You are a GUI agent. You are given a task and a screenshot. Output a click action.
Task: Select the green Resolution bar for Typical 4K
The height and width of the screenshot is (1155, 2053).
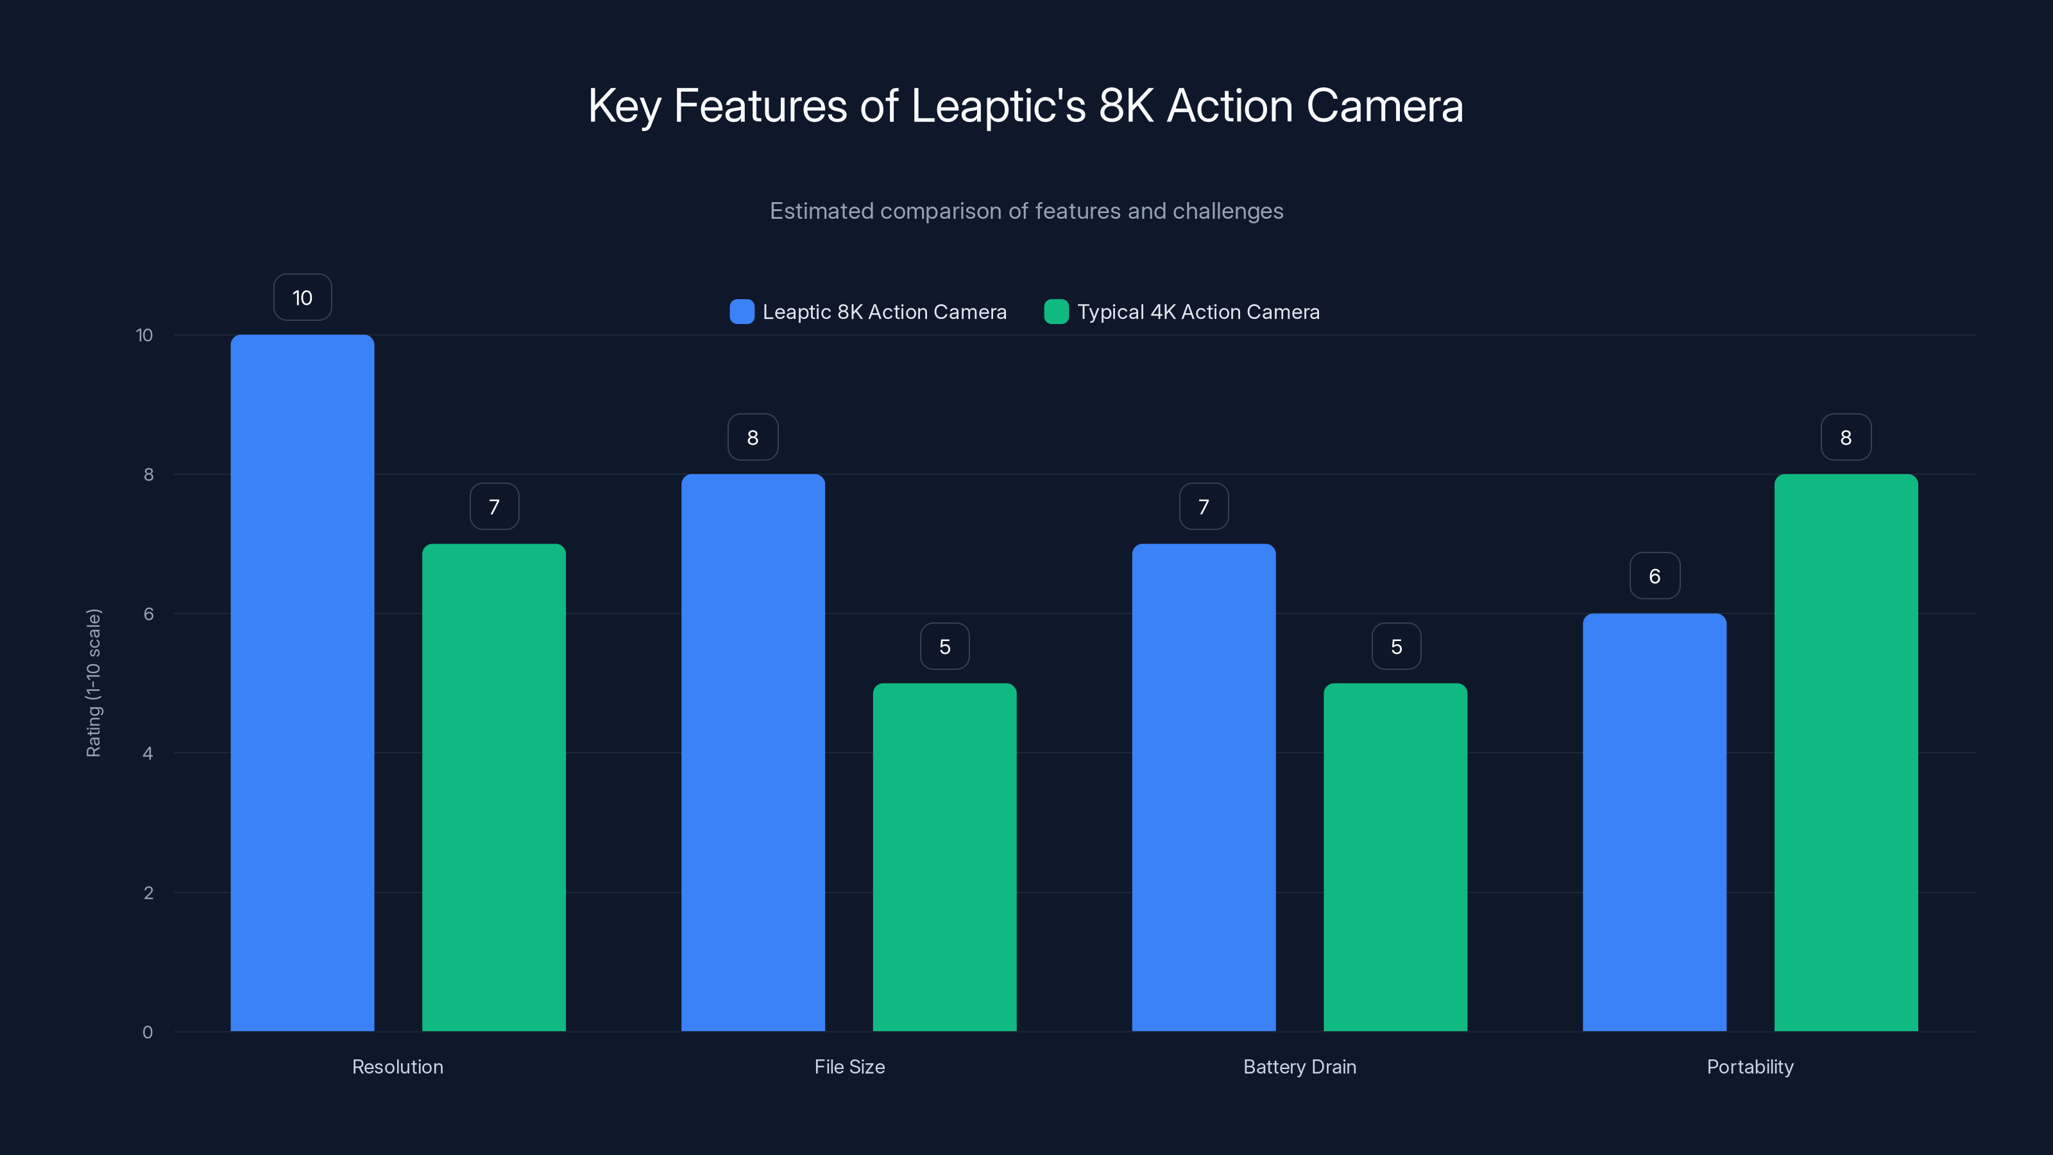coord(493,787)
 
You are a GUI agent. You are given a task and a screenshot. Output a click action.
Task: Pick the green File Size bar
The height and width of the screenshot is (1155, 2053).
coord(944,857)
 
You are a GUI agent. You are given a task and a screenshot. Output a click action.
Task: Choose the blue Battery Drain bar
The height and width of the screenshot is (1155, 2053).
coord(1204,787)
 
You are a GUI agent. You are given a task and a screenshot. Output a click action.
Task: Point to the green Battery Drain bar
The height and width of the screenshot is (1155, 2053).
coord(1395,857)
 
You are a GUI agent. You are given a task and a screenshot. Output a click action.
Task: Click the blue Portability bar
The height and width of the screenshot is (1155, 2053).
coord(1654,822)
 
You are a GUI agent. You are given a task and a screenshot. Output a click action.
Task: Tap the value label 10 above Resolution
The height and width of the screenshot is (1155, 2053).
coord(302,297)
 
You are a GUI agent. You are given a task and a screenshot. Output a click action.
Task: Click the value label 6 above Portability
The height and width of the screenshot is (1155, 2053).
coord(1655,576)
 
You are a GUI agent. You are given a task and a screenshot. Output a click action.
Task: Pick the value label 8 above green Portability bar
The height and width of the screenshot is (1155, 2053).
coord(1846,437)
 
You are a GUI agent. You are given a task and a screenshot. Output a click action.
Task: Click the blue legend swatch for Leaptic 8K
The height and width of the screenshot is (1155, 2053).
coord(741,312)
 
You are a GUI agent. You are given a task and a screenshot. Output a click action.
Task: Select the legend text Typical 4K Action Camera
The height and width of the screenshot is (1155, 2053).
coord(1198,312)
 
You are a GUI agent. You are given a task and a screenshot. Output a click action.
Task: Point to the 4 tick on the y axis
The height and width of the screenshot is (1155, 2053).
coord(148,753)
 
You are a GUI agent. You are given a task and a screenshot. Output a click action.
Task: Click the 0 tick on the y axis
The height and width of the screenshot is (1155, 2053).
coord(148,1032)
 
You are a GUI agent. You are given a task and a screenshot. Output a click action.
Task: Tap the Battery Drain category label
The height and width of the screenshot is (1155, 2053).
coord(1299,1066)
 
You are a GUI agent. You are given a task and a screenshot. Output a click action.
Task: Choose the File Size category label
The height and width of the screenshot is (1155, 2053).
coord(849,1066)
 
